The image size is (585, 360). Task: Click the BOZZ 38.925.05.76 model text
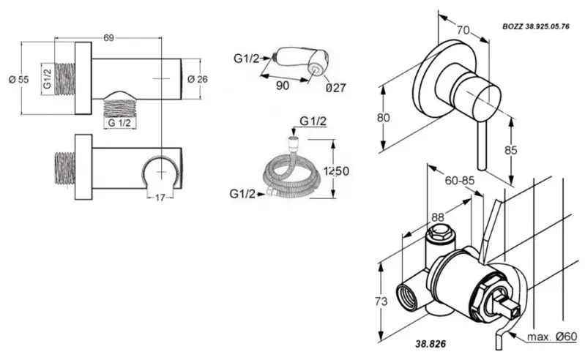536,26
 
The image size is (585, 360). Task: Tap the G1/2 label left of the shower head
247,59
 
